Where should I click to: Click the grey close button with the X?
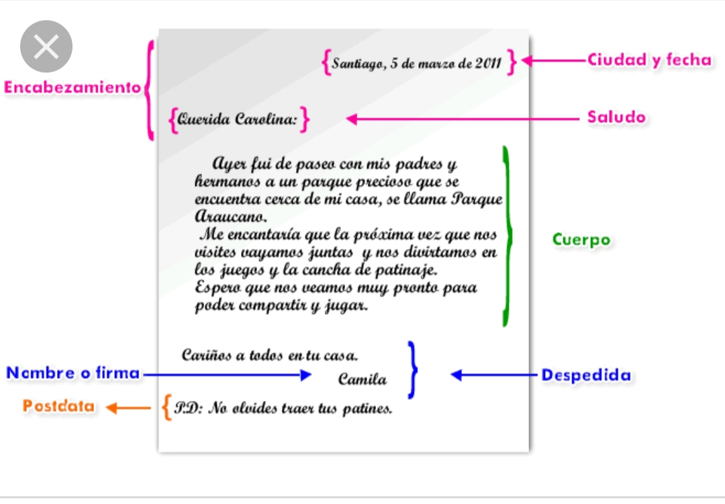46,46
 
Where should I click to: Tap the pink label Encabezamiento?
72,87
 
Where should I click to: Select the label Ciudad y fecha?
648,60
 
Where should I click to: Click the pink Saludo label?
616,117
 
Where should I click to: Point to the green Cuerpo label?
581,240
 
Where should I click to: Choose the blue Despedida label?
586,375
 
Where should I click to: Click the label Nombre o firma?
73,373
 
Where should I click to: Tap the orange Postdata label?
58,406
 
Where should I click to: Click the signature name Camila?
362,380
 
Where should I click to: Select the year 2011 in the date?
488,64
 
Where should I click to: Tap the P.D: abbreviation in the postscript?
188,408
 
